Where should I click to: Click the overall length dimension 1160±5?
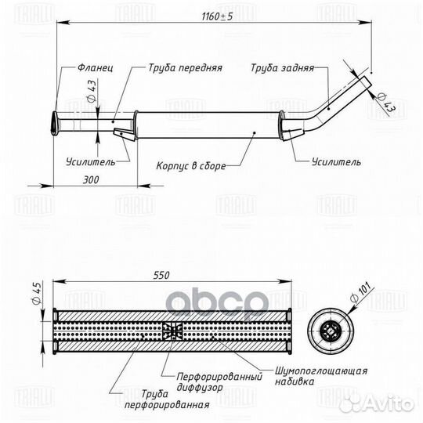click(x=217, y=16)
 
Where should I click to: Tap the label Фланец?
click(x=96, y=67)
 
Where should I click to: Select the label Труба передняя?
click(x=186, y=67)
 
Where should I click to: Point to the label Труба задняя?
click(x=283, y=67)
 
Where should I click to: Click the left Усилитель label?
click(x=91, y=162)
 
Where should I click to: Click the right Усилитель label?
click(x=336, y=162)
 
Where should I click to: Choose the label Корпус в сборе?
click(x=191, y=165)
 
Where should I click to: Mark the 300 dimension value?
click(x=91, y=179)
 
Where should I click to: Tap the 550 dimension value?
click(x=161, y=276)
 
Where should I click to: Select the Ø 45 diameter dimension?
click(x=38, y=293)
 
